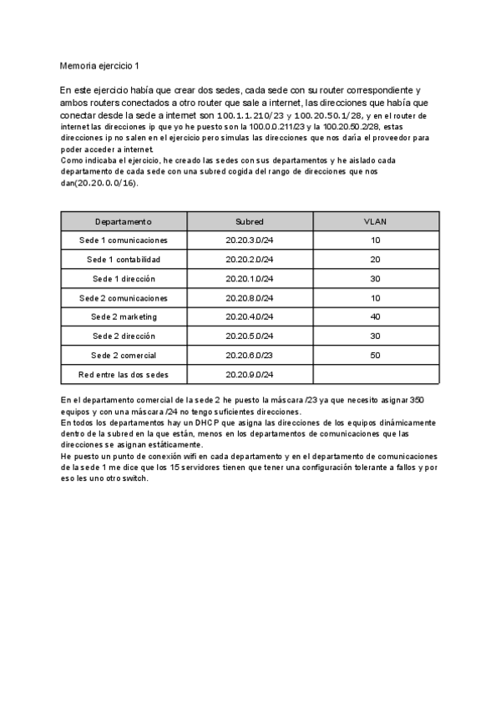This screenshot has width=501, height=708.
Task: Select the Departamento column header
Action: [x=124, y=221]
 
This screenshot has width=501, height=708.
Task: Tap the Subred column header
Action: [x=250, y=221]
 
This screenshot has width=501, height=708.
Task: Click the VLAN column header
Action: [x=376, y=221]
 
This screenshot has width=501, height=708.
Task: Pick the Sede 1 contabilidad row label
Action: [x=124, y=260]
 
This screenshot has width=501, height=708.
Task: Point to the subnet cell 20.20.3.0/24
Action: [x=250, y=240]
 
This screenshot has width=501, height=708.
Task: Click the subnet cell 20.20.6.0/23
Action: [x=250, y=356]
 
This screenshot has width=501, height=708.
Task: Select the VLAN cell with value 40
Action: [x=376, y=317]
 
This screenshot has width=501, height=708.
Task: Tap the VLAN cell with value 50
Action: [x=376, y=356]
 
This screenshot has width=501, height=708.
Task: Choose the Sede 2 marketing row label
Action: [x=124, y=317]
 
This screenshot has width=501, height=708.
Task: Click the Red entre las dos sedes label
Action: [x=124, y=375]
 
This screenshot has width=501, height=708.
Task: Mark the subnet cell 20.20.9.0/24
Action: [x=250, y=375]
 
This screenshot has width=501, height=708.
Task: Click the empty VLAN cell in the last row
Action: [x=376, y=375]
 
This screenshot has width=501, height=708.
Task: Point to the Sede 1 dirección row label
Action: [x=124, y=279]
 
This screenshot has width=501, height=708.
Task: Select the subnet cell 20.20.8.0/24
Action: [x=250, y=298]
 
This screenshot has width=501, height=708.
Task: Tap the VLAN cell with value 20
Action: [x=376, y=260]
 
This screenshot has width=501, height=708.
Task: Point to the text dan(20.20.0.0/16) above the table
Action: [x=99, y=182]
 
